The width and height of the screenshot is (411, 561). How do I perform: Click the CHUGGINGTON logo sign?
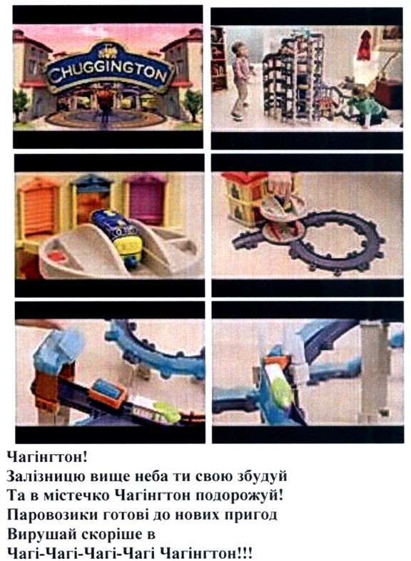click(108, 71)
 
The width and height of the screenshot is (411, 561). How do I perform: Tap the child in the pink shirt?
click(240, 79)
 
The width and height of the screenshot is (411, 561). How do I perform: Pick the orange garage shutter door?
click(39, 207)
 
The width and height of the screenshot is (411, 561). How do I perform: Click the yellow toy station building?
click(243, 200)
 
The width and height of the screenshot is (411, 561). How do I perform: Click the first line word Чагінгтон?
click(47, 457)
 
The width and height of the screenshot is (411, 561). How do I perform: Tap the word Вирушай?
click(41, 535)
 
